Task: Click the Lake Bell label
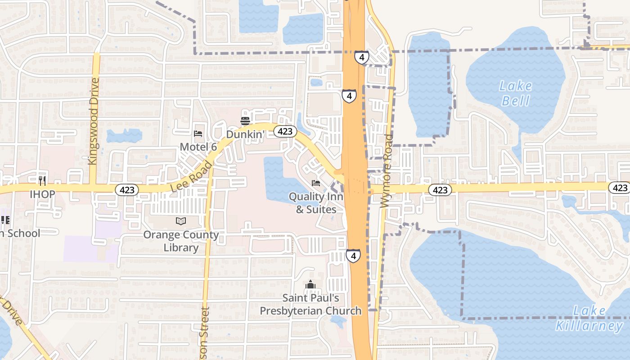516,93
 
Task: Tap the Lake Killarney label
589,318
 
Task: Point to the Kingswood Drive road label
94,121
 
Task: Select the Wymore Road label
387,171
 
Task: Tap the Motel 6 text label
198,147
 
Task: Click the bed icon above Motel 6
198,134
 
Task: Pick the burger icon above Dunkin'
245,121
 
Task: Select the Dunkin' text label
244,134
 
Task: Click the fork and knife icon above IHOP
42,181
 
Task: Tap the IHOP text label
42,194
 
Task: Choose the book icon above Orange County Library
180,221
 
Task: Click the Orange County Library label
181,241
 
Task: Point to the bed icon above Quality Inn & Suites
316,183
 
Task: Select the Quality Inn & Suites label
316,203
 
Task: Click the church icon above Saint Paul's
310,284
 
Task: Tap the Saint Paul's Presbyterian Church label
310,304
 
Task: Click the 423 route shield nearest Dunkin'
285,131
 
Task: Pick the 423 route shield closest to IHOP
127,190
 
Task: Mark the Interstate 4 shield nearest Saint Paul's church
353,256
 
